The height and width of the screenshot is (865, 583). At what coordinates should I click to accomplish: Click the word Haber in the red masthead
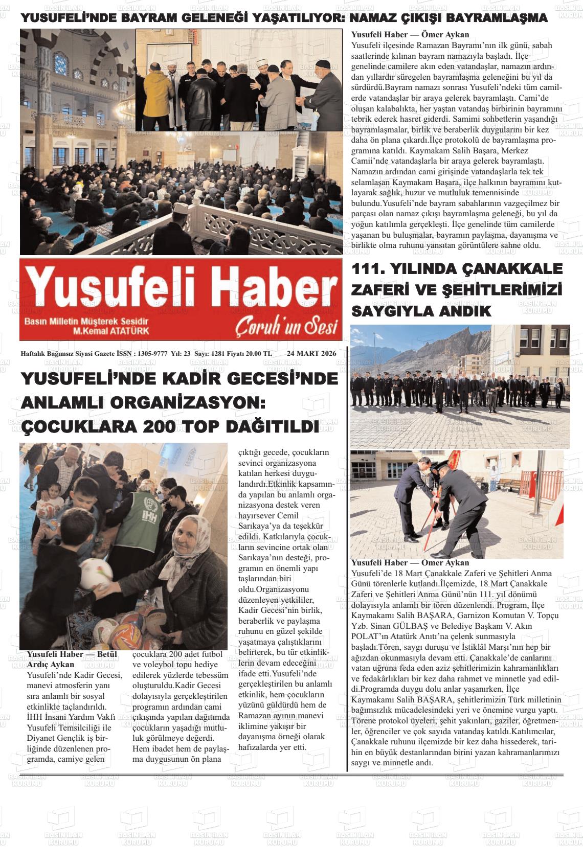point(273,291)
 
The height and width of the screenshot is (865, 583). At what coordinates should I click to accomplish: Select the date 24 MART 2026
point(311,353)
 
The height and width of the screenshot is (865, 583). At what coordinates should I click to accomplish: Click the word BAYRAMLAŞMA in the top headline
point(497,18)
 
